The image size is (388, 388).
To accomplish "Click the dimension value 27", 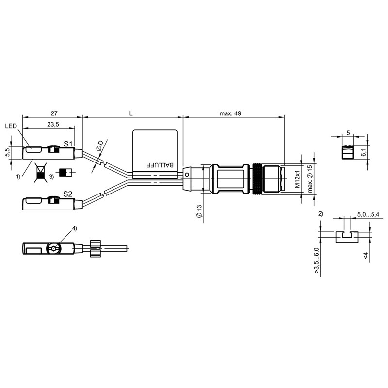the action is point(54,113).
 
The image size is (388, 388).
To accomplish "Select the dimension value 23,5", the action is point(53,124).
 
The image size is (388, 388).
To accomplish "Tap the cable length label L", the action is point(131,113).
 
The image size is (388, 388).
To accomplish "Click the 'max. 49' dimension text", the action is point(230,113).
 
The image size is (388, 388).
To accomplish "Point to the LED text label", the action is point(11,126).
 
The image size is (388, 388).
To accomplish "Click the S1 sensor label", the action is point(68,144).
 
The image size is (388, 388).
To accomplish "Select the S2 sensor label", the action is point(67,194).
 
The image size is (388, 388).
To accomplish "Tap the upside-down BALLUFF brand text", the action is point(161,165).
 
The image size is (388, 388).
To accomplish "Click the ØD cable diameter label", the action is point(100,146).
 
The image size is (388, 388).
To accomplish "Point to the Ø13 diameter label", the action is point(199,211).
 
